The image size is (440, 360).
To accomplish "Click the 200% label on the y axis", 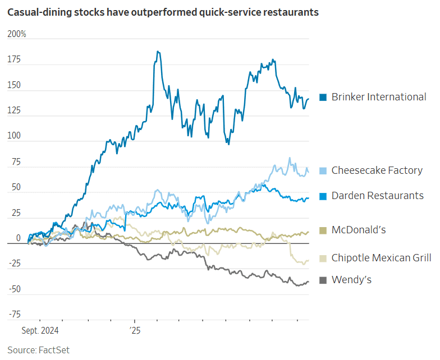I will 17,35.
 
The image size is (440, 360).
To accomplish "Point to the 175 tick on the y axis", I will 14,59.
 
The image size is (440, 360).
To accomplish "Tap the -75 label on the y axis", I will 15,314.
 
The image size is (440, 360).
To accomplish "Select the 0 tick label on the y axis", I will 18,238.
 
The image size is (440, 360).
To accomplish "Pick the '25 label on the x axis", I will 134,331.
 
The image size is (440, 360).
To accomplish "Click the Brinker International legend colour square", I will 323,97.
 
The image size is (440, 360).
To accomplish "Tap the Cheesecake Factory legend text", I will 377,170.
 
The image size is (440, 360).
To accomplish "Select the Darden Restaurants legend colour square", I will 323,196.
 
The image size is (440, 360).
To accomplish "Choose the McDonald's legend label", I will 358,229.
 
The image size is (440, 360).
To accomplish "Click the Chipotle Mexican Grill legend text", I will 381,258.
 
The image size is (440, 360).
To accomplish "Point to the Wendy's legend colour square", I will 323,280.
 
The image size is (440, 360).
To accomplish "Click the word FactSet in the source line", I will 54,350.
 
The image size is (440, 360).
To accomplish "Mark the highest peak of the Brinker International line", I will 158,52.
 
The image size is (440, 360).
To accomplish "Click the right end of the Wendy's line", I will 308,281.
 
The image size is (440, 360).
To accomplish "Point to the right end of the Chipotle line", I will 308,261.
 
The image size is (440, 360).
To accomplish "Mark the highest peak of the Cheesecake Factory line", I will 290,158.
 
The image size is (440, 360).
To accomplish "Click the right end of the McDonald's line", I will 308,232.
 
